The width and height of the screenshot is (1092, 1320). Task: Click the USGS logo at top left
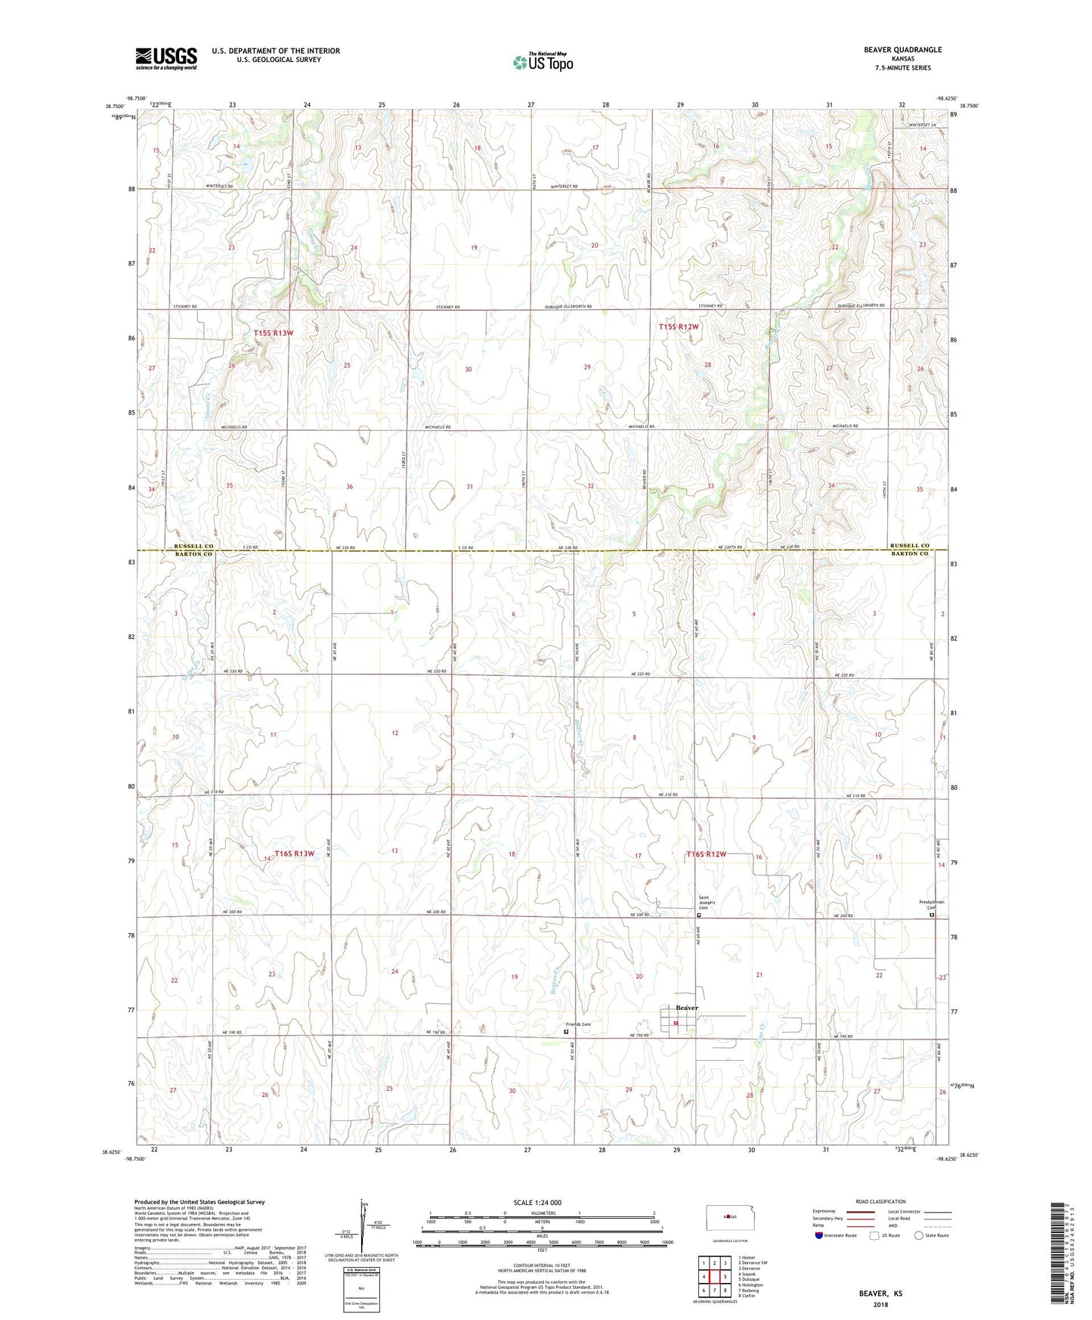166,58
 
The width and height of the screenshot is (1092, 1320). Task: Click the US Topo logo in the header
542,62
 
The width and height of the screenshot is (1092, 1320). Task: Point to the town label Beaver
686,1008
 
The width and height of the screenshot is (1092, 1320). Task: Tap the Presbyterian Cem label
931,904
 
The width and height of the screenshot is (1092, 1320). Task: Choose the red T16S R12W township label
706,854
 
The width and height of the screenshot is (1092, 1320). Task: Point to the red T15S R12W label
679,327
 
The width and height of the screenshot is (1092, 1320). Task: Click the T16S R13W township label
294,854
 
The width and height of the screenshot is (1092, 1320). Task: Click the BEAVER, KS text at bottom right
880,1294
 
